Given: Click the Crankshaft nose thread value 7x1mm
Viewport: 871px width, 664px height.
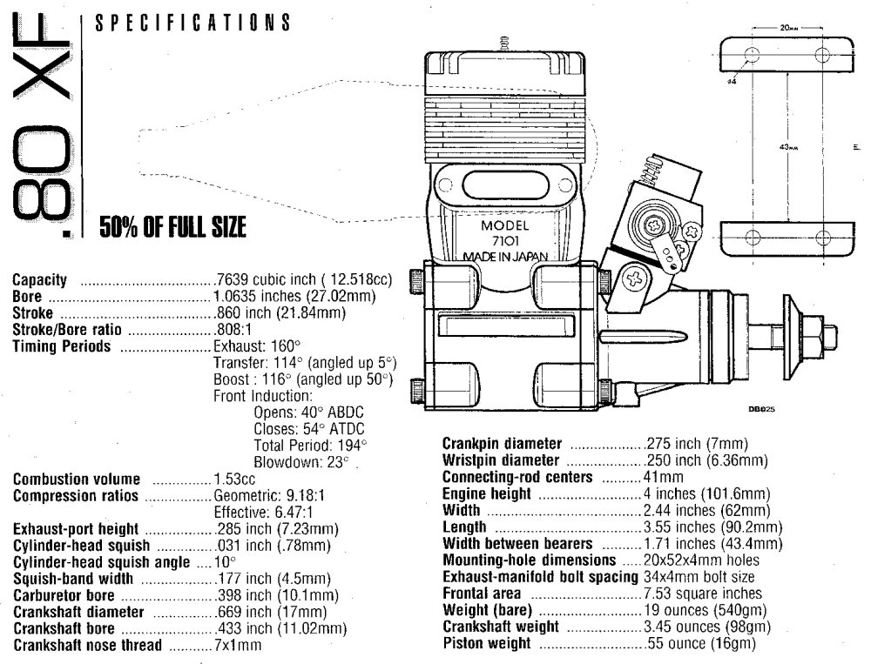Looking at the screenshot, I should (238, 645).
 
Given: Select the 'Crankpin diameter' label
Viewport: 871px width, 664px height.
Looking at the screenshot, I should (502, 443).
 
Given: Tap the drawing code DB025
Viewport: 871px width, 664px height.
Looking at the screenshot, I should (760, 406).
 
